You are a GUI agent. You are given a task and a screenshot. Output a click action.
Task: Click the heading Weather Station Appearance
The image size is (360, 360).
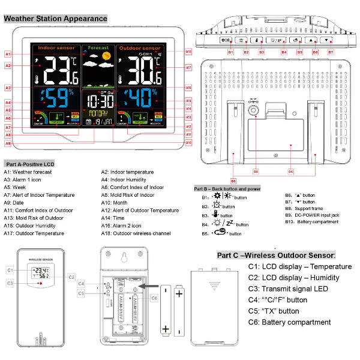click(56, 19)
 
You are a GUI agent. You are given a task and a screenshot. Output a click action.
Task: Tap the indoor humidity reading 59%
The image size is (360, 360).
click(57, 97)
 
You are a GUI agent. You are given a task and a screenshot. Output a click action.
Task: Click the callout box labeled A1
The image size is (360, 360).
click(8, 54)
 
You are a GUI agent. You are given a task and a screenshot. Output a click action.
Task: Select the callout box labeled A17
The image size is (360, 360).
click(188, 67)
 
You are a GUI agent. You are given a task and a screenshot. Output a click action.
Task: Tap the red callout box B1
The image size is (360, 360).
click(230, 53)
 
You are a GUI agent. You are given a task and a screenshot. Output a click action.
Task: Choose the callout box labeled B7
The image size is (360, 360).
click(330, 53)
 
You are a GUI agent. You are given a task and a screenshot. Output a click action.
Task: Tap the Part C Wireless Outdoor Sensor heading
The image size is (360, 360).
click(276, 255)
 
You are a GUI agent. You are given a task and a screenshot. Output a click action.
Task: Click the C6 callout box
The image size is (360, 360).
click(154, 298)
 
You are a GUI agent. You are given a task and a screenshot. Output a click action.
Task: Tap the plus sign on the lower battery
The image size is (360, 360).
click(165, 328)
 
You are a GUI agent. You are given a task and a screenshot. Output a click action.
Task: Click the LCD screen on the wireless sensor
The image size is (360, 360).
click(41, 273)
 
